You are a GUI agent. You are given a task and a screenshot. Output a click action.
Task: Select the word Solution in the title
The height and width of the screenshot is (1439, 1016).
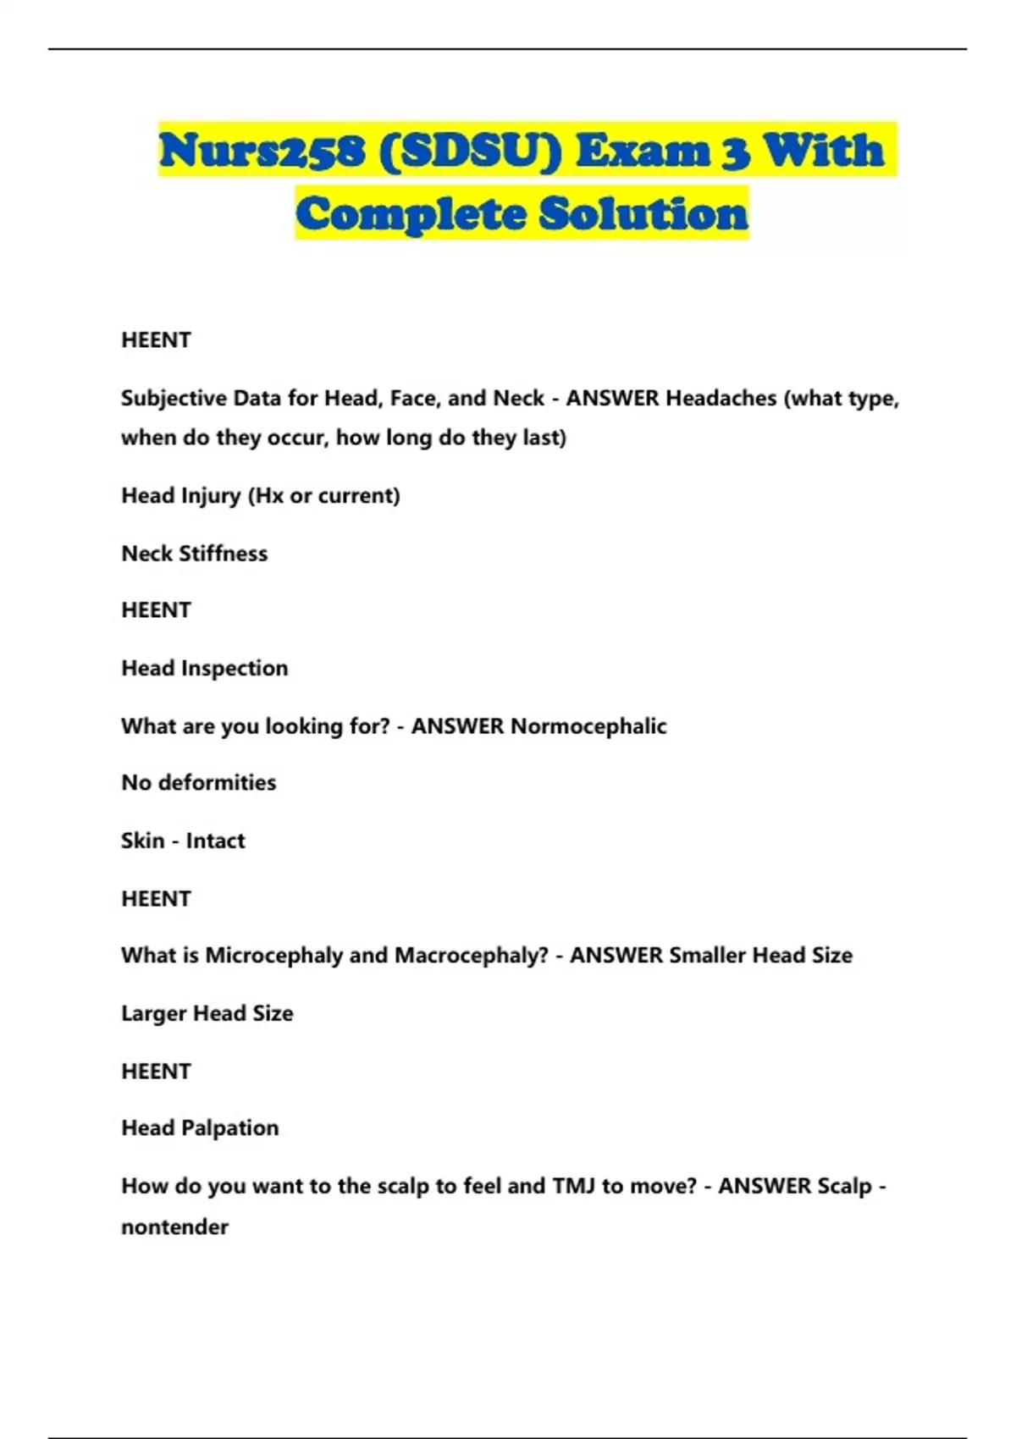(643, 213)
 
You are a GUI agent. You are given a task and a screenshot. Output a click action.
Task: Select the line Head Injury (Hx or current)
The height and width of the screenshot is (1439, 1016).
(260, 495)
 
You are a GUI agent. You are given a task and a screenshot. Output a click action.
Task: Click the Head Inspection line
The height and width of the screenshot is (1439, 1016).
(204, 668)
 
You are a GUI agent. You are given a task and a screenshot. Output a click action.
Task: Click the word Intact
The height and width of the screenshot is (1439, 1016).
(215, 841)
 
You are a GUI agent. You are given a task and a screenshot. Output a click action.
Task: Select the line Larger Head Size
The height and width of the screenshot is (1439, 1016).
(207, 1013)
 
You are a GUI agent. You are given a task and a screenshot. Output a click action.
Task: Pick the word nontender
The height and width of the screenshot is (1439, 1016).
(174, 1227)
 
